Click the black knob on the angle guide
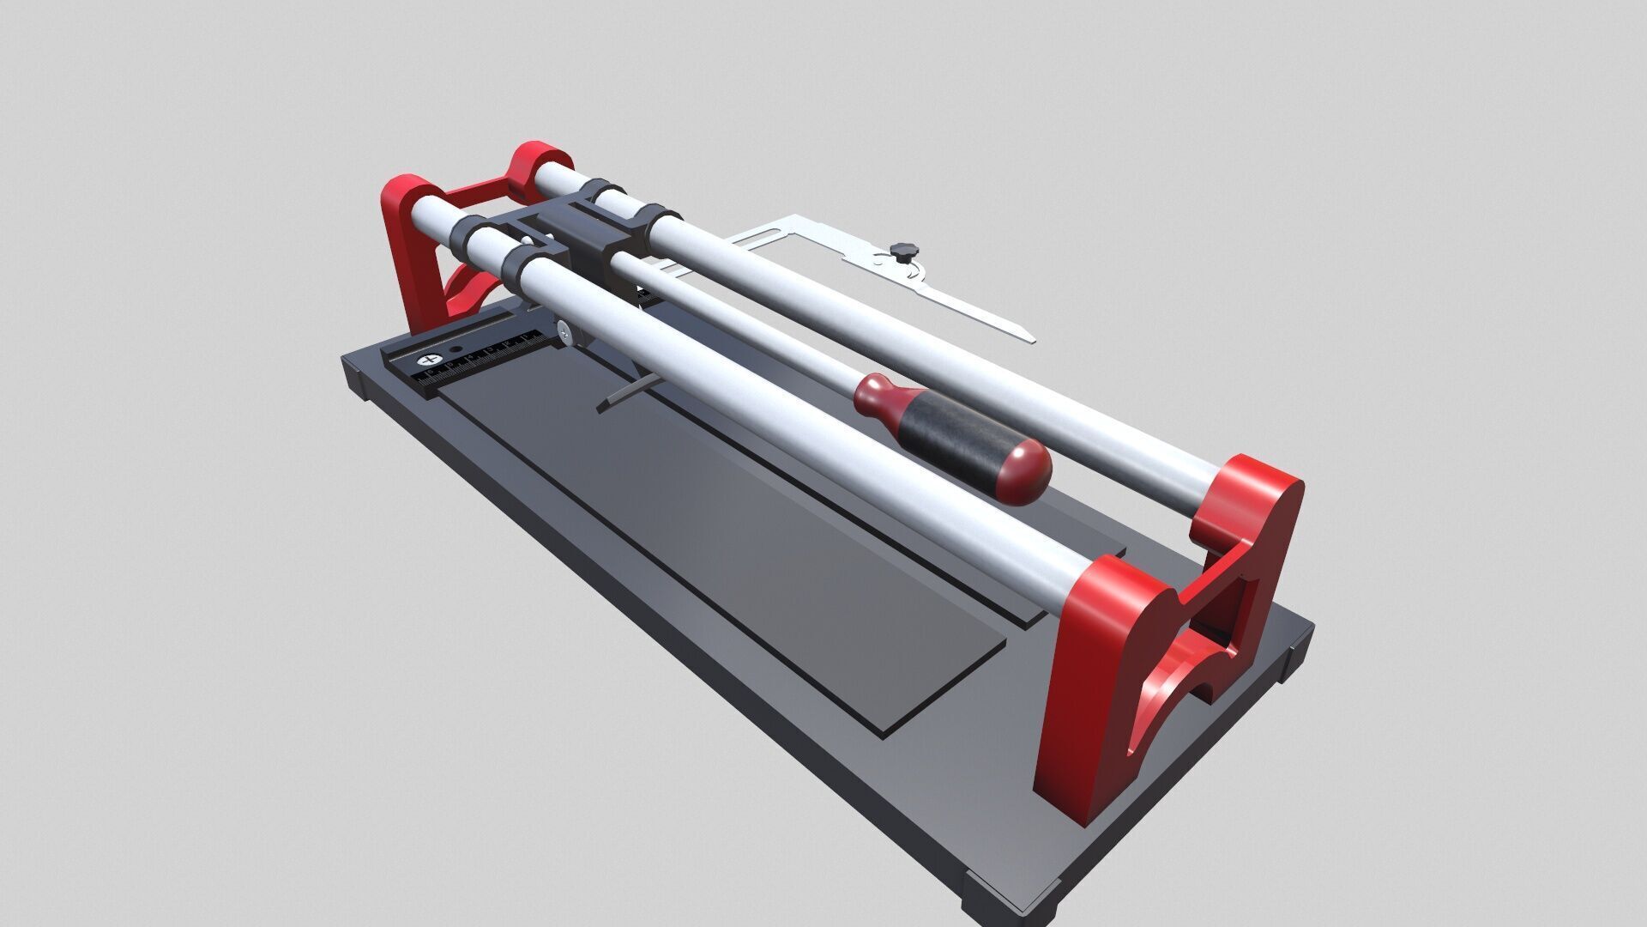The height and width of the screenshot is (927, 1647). coord(902,250)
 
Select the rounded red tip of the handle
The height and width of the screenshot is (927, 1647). coord(1026,471)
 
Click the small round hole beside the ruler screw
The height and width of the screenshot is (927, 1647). coord(456,351)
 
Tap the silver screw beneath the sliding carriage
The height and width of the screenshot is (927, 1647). coord(564,327)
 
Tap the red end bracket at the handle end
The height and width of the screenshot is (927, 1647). coord(1107,687)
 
